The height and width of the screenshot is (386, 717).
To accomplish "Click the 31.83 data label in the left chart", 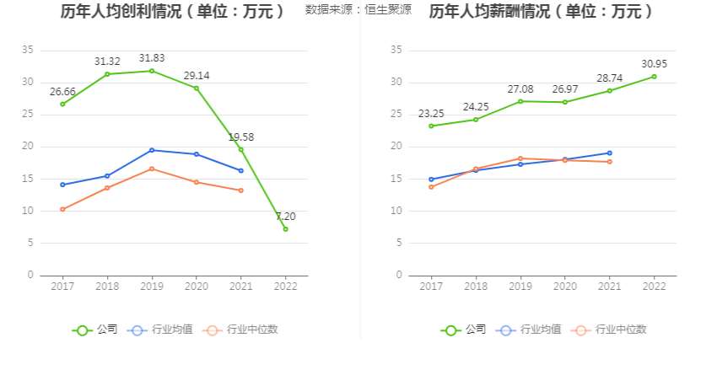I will tap(152, 58).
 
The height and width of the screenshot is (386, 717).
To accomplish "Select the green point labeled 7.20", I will tap(285, 228).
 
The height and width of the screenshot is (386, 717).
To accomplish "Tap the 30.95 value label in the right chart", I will tap(654, 64).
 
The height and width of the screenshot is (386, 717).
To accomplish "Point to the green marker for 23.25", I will tap(431, 126).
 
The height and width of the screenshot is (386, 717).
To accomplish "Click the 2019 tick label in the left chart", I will tap(152, 287).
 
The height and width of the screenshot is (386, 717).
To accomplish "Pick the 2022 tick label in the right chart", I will tap(654, 287).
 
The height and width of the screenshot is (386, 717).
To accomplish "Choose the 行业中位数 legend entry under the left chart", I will tap(240, 330).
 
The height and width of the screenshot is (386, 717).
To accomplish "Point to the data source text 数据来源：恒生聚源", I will tap(358, 10).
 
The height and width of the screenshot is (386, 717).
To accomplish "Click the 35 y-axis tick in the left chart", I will tap(28, 51).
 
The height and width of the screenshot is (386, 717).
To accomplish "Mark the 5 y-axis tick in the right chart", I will tap(396, 243).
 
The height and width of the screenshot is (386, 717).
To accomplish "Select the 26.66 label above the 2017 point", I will tap(62, 91).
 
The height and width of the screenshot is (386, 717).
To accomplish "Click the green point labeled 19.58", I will tap(240, 150).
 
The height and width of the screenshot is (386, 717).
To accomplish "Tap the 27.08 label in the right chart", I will tap(520, 88).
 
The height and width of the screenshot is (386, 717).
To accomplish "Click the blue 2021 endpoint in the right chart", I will tap(609, 153).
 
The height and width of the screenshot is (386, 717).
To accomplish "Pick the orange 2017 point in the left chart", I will tap(62, 209).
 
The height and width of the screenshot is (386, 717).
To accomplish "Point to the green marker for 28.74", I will tap(609, 91).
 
